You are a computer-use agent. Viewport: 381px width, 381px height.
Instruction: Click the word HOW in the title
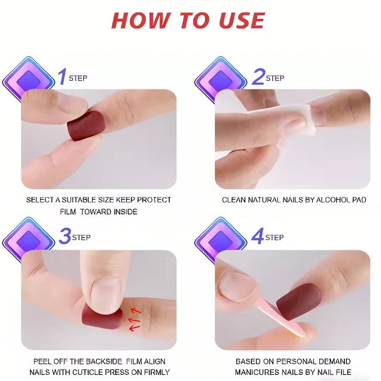[x=141, y=20]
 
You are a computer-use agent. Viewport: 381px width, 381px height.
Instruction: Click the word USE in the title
[x=241, y=20]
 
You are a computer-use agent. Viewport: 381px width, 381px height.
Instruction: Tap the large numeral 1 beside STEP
[x=63, y=76]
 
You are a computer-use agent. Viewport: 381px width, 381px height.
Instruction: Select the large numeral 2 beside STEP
[x=258, y=76]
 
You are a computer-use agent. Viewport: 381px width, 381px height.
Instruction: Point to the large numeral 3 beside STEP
[x=65, y=236]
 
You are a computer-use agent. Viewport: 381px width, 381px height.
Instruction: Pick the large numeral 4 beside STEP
[x=258, y=236]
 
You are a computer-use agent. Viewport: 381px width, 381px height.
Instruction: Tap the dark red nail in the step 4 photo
[x=299, y=301]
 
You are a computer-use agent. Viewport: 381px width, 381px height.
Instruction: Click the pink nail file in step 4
[x=280, y=316]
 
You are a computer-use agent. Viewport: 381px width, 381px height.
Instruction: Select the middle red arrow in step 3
[x=134, y=320]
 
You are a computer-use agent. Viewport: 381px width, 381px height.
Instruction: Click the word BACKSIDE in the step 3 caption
[x=104, y=361]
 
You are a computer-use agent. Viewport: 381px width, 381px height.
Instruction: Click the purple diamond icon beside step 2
[x=220, y=80]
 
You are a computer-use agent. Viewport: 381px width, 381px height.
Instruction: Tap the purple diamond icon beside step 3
[x=28, y=241]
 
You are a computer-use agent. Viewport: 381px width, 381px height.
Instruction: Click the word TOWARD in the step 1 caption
[x=96, y=211]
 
